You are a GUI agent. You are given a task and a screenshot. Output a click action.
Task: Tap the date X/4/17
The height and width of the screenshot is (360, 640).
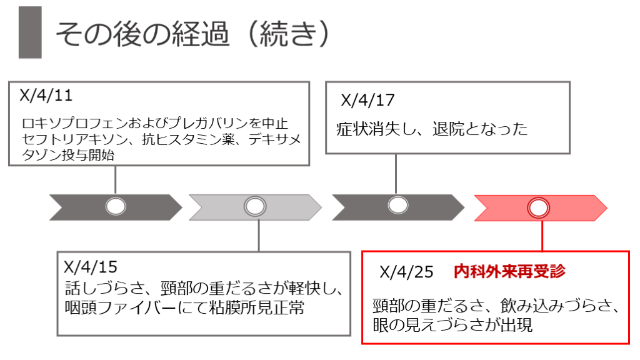point(368,100)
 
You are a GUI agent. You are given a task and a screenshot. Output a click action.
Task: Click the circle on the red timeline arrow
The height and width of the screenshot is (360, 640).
point(539,207)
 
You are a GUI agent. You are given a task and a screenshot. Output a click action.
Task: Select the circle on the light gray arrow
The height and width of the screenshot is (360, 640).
point(254,206)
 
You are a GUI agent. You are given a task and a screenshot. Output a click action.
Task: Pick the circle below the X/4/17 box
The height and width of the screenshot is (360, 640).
point(397,206)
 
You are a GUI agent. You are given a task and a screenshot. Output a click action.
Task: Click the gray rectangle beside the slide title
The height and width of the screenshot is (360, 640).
point(30,32)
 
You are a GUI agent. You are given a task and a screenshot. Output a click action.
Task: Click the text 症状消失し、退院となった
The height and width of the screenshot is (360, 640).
point(432,129)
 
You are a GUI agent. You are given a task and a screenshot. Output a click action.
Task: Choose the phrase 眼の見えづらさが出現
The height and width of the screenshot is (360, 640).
point(452,325)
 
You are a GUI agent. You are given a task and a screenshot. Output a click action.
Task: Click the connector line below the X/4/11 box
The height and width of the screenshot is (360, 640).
point(116,181)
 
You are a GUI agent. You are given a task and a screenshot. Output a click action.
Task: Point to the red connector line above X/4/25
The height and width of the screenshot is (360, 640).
point(541,234)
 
